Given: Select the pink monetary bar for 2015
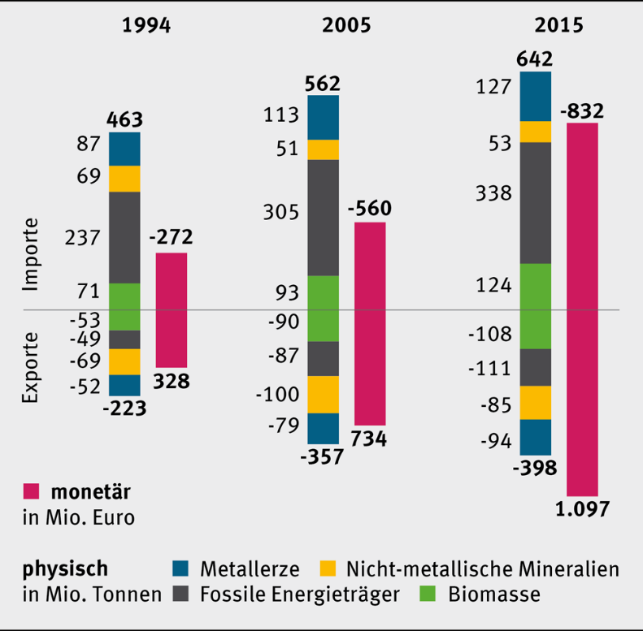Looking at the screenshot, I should [582, 309].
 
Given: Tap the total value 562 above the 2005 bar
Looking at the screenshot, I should [324, 84].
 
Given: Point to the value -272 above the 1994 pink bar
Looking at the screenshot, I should [171, 237].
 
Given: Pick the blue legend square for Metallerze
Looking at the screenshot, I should [181, 566].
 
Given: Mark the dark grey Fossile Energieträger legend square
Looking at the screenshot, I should [181, 594].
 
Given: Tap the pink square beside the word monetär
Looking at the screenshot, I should [31, 491].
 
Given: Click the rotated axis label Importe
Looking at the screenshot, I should [31, 254].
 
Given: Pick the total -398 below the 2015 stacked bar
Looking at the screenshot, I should [533, 468].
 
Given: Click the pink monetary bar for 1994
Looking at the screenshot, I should [171, 309].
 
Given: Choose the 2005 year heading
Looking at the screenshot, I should [346, 25].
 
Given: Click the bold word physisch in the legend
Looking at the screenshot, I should [64, 566].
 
